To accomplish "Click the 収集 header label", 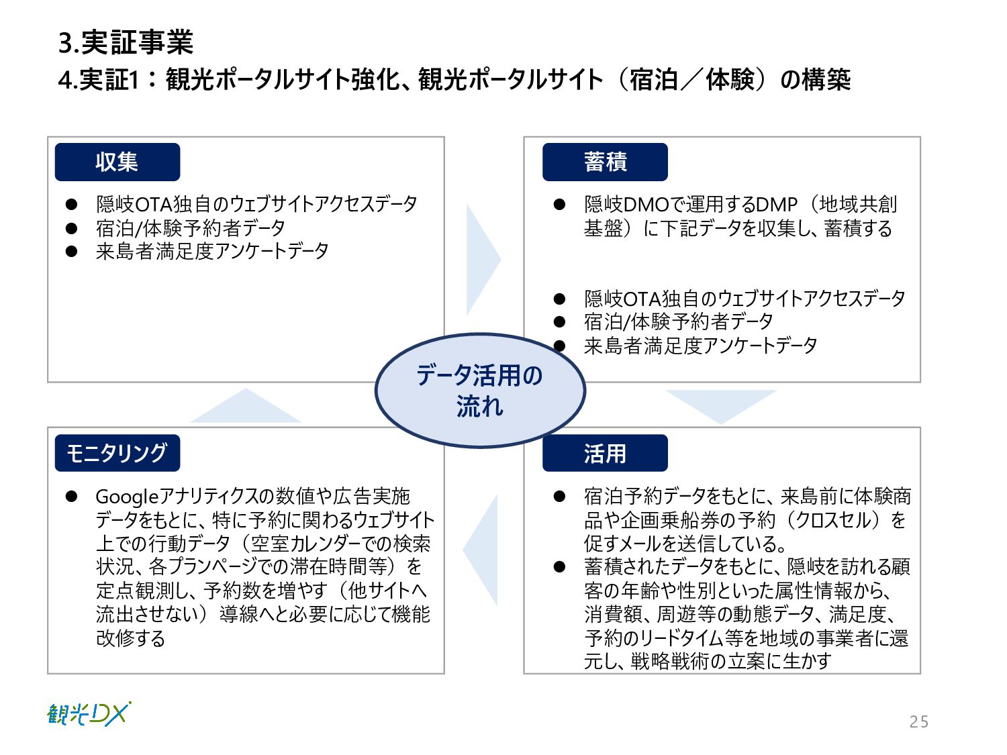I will [117, 162].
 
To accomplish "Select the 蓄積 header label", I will [605, 162].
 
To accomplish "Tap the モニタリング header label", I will [117, 453].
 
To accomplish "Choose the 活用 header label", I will [605, 453].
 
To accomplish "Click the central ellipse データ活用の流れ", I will [479, 390].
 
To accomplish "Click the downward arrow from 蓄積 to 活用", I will [721, 405].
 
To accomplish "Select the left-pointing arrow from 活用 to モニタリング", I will [483, 550].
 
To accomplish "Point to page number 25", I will [919, 721].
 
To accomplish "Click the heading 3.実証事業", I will [126, 42].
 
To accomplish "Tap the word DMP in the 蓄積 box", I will [776, 204].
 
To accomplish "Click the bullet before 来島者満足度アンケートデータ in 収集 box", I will [72, 252].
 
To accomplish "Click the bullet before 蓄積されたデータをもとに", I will [560, 567].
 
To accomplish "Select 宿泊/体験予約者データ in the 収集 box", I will [191, 228].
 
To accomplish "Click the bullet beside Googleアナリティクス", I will [72, 497].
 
